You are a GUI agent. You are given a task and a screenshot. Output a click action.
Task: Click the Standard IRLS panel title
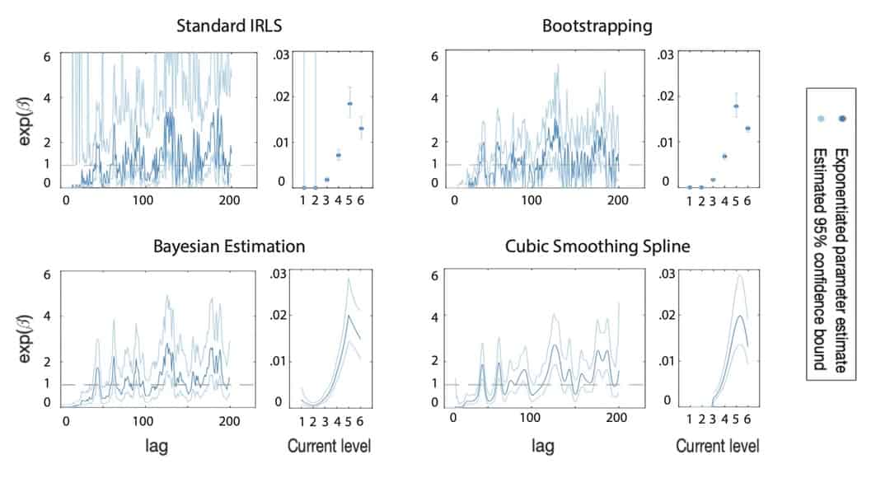coord(223,26)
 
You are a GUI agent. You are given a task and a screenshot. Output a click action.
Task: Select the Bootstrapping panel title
coord(597,26)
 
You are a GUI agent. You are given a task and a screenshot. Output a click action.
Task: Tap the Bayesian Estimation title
coord(229,246)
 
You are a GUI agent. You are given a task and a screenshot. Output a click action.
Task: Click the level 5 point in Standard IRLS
coord(349,104)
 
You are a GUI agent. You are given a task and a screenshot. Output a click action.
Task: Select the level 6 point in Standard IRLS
coord(361,129)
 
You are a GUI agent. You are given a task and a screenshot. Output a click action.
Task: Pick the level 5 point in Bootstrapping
coord(736,106)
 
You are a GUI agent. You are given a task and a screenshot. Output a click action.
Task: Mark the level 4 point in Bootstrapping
coord(724,156)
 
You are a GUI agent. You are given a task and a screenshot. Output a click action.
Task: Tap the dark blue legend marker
coord(843,119)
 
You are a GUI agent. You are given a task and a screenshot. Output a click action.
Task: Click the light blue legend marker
coord(819,119)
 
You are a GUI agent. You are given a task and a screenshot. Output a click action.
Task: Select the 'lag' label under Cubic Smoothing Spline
coord(542,446)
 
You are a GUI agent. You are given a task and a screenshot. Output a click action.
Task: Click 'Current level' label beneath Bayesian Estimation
coord(329,446)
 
